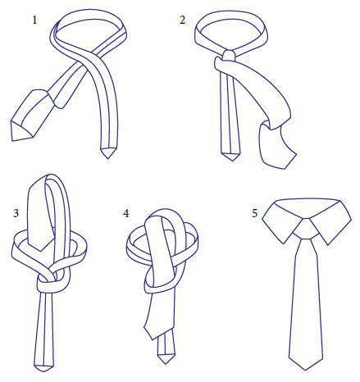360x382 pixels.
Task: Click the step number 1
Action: (x=34, y=20)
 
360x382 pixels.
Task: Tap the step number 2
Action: (x=182, y=20)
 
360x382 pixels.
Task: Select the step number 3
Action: (x=16, y=213)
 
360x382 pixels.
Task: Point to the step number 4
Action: (x=125, y=213)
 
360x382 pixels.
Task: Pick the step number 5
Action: (x=255, y=213)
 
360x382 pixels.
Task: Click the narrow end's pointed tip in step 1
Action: (x=107, y=158)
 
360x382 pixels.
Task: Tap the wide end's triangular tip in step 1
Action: (x=12, y=140)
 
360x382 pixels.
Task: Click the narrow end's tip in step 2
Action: (x=231, y=161)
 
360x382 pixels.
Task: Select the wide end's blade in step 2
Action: (x=276, y=145)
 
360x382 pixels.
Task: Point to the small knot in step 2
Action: (x=229, y=56)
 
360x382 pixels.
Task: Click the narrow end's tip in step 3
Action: (x=43, y=371)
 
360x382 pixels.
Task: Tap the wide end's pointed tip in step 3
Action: (x=40, y=251)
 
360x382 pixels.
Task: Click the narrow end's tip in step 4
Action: (x=165, y=364)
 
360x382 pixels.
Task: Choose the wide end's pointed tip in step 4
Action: (x=150, y=339)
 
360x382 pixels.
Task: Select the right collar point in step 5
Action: (x=330, y=244)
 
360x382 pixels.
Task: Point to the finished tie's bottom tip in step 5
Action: (x=305, y=371)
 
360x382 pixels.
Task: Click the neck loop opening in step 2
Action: (x=231, y=32)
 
